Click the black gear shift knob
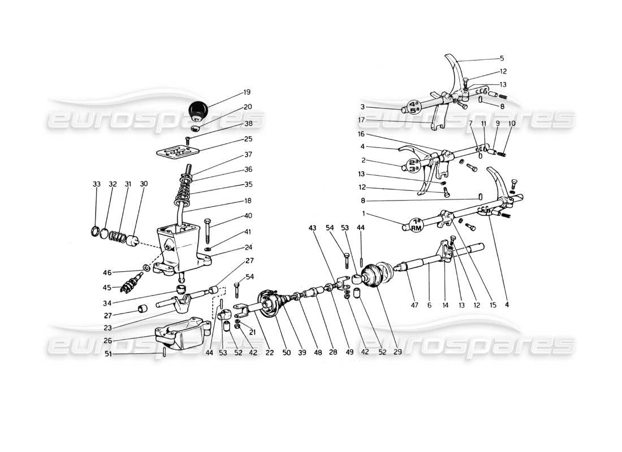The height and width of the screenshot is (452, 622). (x=198, y=110)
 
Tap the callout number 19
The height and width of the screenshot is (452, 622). (x=248, y=92)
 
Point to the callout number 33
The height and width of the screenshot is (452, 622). (x=96, y=184)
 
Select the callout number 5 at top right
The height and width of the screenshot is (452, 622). (x=502, y=58)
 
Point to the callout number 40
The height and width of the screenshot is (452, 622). (x=248, y=215)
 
